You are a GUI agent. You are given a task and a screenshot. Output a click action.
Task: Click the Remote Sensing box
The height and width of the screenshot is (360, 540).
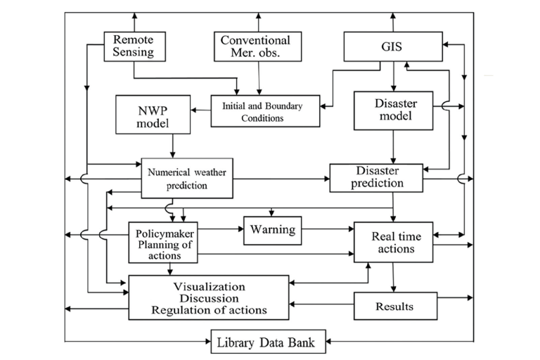[133, 46]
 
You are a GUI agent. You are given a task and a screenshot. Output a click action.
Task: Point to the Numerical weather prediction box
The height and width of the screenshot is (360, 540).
[187, 177]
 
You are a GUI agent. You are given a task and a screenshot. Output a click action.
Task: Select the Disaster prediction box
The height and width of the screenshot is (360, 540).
[377, 178]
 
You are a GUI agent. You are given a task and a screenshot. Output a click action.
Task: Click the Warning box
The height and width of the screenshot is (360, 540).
[271, 230]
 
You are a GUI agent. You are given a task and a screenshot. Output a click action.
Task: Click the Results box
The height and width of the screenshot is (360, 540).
[394, 307]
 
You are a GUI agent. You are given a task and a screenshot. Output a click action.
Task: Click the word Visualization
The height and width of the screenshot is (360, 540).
[210, 287]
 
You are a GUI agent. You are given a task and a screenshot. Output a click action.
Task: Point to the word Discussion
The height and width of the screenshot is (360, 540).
[210, 298]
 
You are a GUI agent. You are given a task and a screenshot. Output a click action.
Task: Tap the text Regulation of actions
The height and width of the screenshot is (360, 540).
[210, 310]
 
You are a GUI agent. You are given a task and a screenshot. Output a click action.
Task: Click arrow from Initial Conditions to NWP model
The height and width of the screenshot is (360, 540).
[201, 112]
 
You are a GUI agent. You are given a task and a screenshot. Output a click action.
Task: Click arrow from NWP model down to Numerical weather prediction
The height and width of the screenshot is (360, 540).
[171, 146]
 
